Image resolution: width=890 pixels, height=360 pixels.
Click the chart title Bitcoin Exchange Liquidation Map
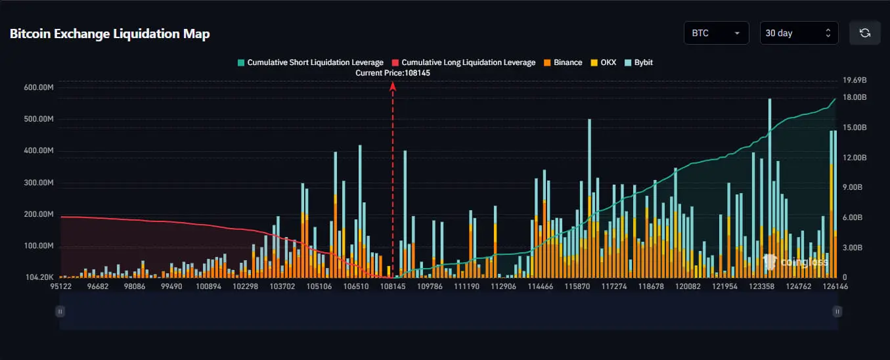[110, 34]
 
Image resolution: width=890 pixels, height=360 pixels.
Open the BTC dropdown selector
[716, 33]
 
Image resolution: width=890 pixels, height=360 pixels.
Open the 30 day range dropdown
[799, 33]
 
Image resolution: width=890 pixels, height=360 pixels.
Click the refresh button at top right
[864, 33]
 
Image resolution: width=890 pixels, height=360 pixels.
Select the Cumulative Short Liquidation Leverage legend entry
[310, 62]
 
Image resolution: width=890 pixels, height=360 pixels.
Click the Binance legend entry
[563, 62]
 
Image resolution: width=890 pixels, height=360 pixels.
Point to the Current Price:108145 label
[393, 73]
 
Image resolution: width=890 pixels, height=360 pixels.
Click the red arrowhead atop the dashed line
[393, 85]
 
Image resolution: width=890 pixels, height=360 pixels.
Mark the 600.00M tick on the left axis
[37, 87]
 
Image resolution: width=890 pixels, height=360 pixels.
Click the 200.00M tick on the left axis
[37, 215]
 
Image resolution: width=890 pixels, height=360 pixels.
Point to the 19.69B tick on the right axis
[855, 80]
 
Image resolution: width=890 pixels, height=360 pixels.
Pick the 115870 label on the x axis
[577, 286]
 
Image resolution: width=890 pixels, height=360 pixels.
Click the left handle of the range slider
[60, 311]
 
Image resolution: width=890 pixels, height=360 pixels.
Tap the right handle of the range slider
[837, 311]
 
